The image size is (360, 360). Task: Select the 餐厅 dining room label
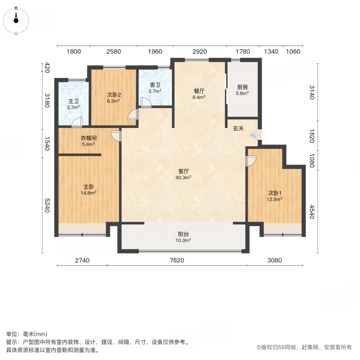click(x=199, y=91)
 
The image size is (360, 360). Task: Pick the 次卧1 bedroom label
click(x=275, y=192)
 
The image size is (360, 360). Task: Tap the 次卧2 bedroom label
click(x=114, y=95)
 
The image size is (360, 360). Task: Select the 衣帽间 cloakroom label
click(x=88, y=138)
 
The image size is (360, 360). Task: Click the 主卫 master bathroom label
click(x=74, y=101)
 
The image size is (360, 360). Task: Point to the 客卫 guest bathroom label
click(x=155, y=85)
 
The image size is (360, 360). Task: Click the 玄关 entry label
click(x=239, y=128)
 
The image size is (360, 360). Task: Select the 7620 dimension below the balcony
click(x=177, y=260)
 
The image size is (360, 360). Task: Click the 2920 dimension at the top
click(x=199, y=52)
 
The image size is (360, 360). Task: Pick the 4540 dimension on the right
click(x=312, y=212)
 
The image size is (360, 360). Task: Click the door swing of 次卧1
click(x=251, y=161)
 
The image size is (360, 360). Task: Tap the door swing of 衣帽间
click(x=116, y=136)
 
